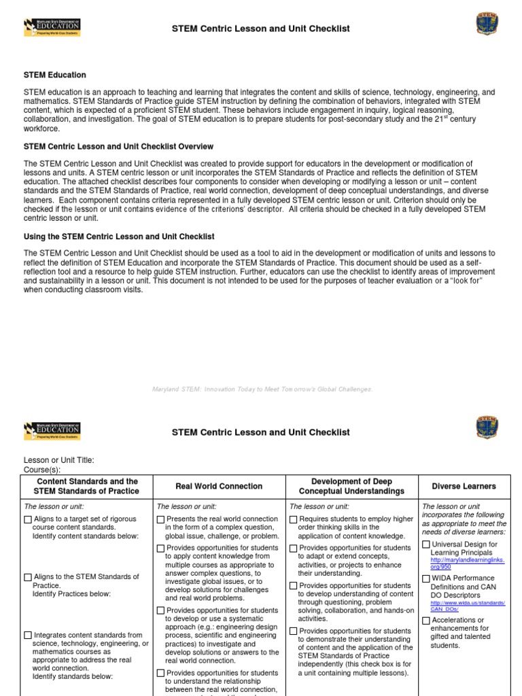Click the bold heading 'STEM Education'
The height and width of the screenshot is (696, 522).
tap(55, 75)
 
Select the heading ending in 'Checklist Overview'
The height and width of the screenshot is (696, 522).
tap(118, 146)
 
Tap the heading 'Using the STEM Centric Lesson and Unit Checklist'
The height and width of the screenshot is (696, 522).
tap(119, 237)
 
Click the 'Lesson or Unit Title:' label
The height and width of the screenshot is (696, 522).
tap(58, 460)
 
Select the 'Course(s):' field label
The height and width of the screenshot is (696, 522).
tap(42, 470)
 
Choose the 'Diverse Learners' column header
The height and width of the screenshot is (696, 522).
tap(464, 486)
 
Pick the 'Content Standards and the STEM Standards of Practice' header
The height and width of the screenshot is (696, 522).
tap(86, 486)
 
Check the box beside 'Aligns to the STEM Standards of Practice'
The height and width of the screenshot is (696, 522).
tap(28, 577)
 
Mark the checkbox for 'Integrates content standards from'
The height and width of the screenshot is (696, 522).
tap(28, 636)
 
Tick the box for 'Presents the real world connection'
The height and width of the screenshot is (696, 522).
tap(160, 520)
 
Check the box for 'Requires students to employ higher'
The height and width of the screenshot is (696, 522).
tap(294, 520)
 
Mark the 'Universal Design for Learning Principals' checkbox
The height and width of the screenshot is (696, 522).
tap(425, 544)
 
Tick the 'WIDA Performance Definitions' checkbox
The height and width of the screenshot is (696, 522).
tap(425, 578)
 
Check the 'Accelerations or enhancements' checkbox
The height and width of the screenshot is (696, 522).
tap(425, 621)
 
